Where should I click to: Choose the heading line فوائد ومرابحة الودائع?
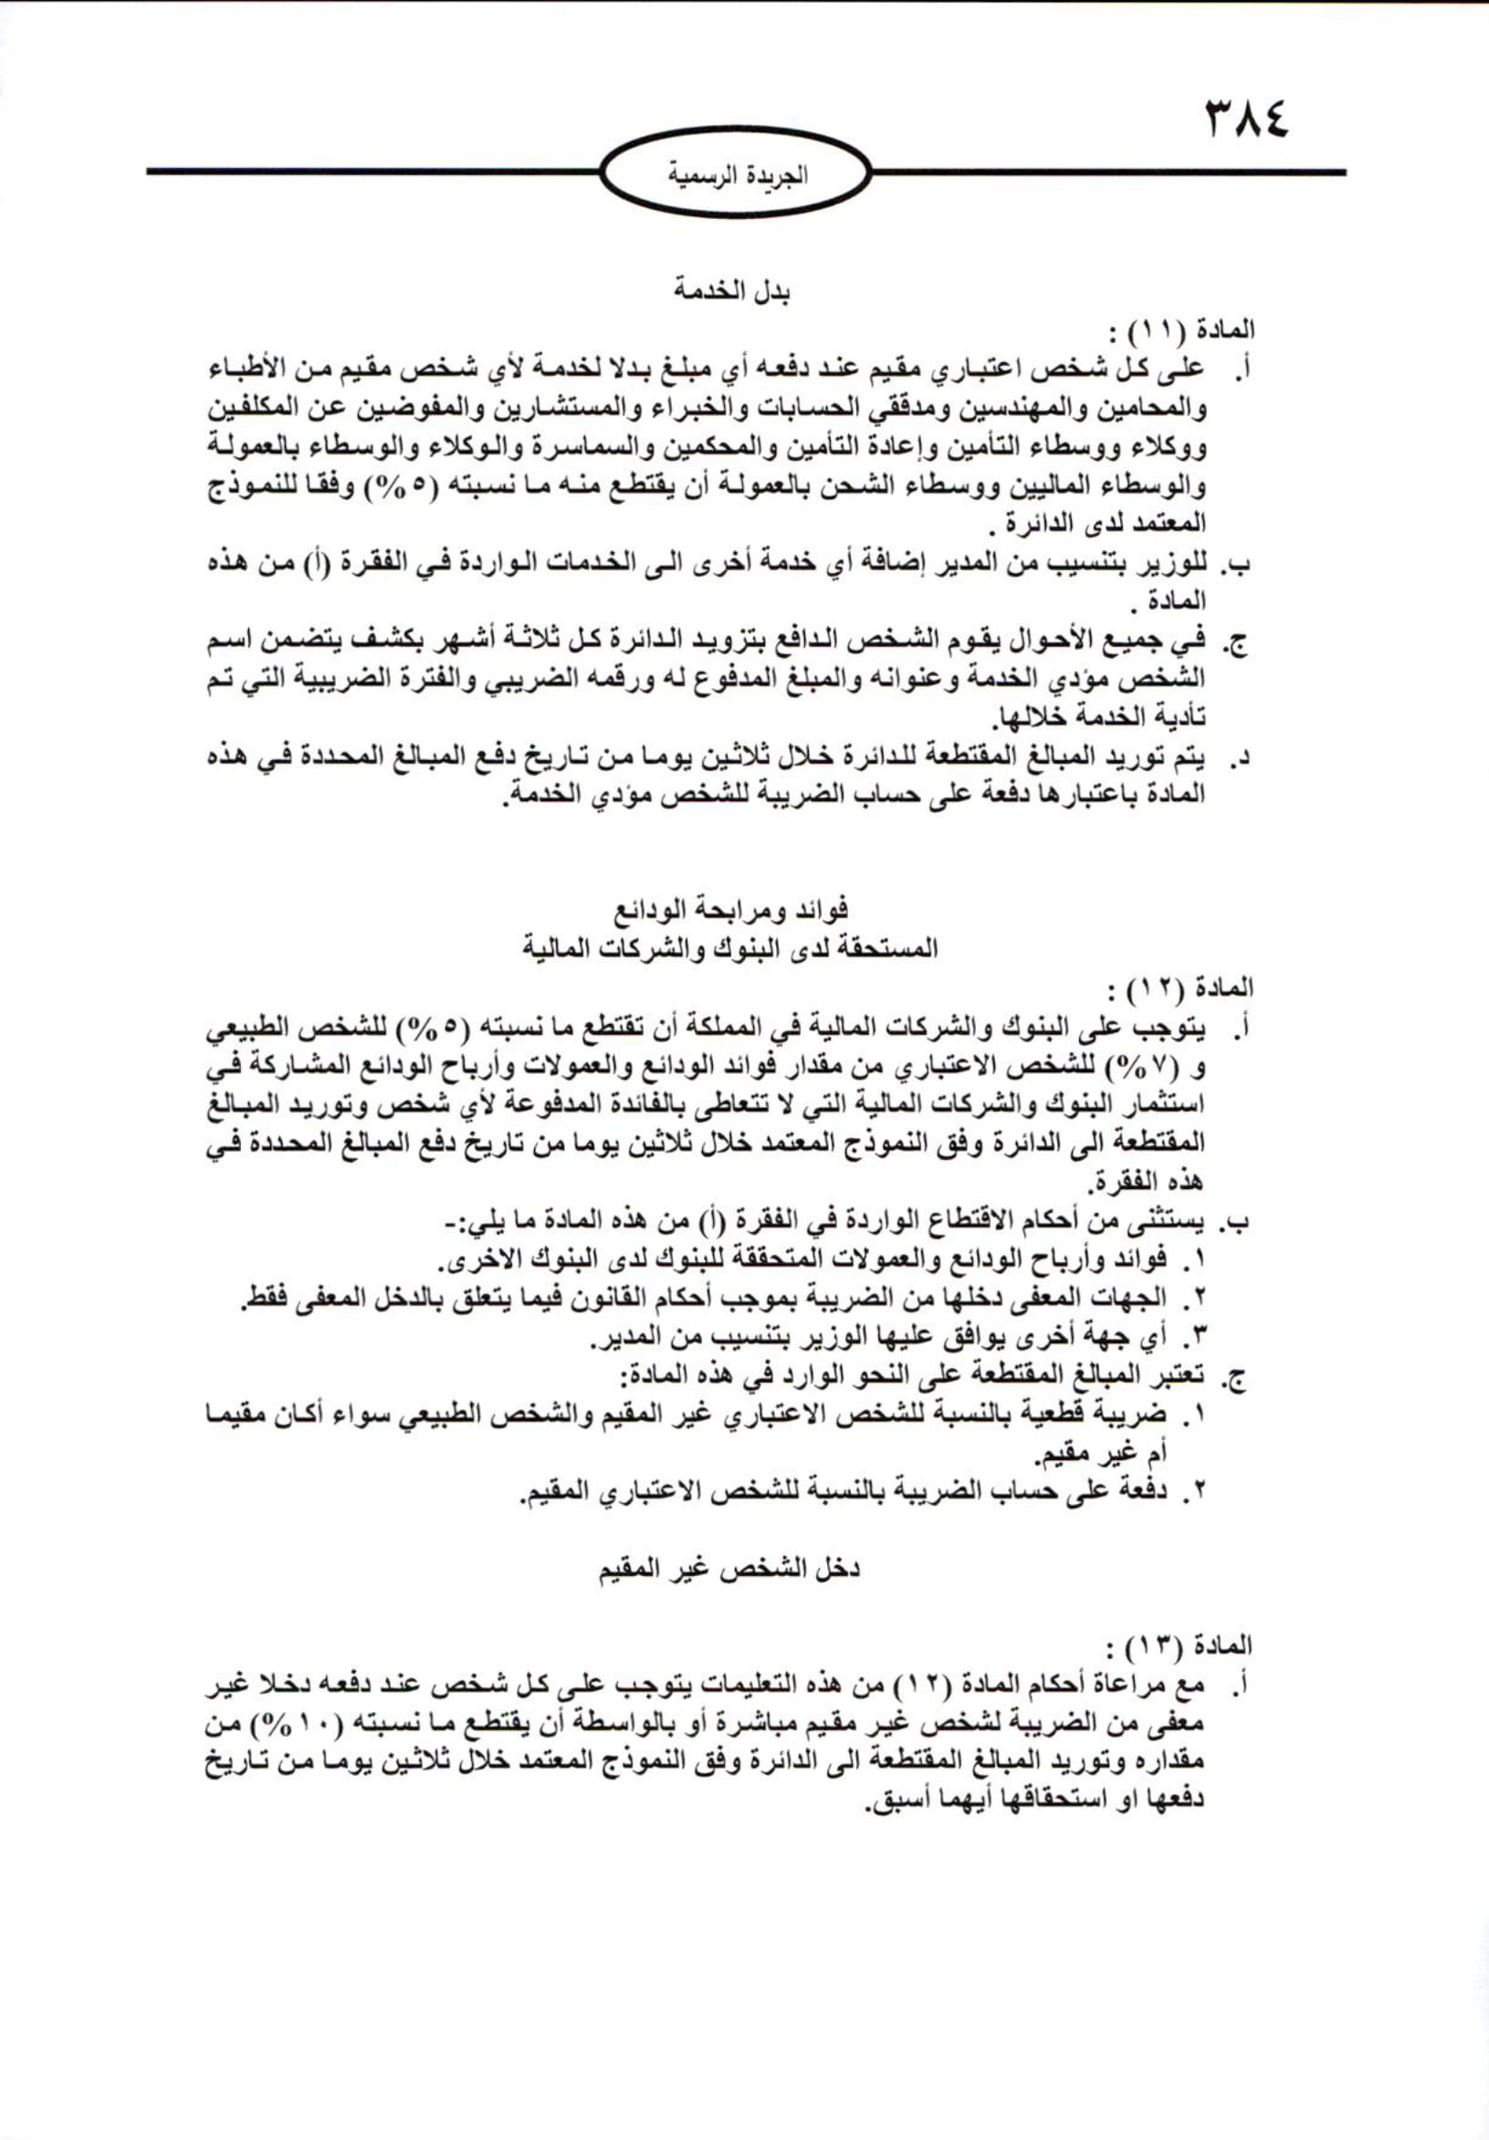732,908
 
